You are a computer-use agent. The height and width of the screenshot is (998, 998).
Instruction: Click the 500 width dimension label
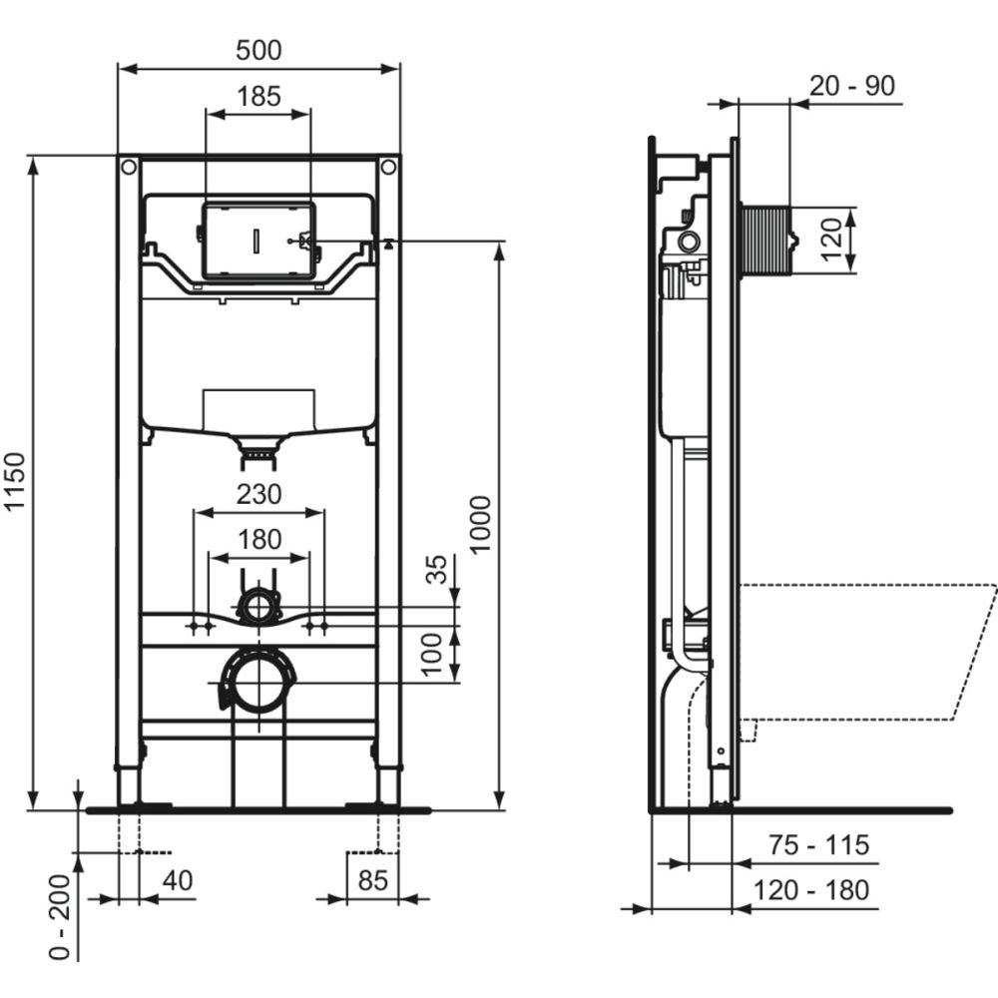point(258,50)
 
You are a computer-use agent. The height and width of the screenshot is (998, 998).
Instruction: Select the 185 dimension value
point(258,97)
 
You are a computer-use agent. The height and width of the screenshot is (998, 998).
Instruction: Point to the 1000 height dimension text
point(480,525)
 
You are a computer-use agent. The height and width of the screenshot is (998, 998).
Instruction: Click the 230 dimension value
point(258,493)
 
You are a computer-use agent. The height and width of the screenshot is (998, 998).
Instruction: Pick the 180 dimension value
point(258,540)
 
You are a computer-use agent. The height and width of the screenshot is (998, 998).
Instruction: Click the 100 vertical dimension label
point(432,655)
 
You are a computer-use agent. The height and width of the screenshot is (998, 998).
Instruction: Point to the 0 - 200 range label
point(59,917)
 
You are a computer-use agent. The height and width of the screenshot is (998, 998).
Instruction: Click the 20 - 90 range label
point(851,86)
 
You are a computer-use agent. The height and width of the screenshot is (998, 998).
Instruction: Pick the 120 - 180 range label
point(810,889)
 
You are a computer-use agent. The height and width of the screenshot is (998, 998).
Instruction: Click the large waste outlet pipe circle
point(259,683)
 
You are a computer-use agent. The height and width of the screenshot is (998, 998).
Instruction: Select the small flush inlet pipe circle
point(259,606)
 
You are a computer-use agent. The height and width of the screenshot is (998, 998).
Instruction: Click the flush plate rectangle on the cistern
point(258,241)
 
